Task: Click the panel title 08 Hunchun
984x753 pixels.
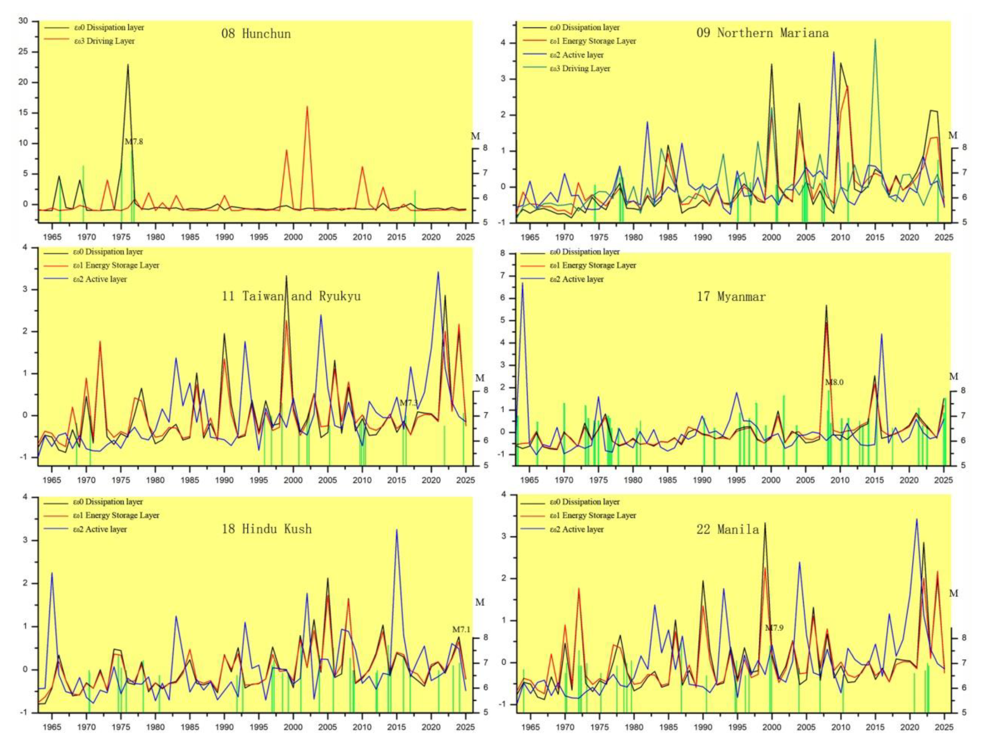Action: click(x=256, y=34)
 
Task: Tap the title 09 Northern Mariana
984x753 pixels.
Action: click(x=762, y=33)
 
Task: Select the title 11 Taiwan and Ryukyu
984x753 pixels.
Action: click(x=291, y=296)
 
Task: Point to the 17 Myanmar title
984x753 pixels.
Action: click(x=731, y=297)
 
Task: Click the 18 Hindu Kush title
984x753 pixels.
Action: click(x=266, y=529)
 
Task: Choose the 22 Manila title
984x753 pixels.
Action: click(x=728, y=529)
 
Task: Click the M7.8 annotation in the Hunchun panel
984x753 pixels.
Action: click(x=134, y=142)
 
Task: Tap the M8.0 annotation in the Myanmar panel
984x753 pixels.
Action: click(x=834, y=382)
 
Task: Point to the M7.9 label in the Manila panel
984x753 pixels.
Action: click(x=774, y=628)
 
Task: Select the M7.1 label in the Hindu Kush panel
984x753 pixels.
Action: click(x=461, y=630)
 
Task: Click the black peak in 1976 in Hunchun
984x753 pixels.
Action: click(x=128, y=65)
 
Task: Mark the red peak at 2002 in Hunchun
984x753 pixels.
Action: click(x=307, y=107)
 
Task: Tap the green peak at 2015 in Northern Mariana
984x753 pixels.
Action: click(x=875, y=40)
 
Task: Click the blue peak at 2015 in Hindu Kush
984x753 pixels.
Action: click(x=396, y=530)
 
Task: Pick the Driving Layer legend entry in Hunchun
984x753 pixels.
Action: click(x=104, y=41)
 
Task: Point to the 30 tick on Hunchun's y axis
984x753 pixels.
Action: click(x=23, y=21)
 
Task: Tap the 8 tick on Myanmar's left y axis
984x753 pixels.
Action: click(x=502, y=253)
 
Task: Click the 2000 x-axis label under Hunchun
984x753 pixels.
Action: click(x=293, y=237)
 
